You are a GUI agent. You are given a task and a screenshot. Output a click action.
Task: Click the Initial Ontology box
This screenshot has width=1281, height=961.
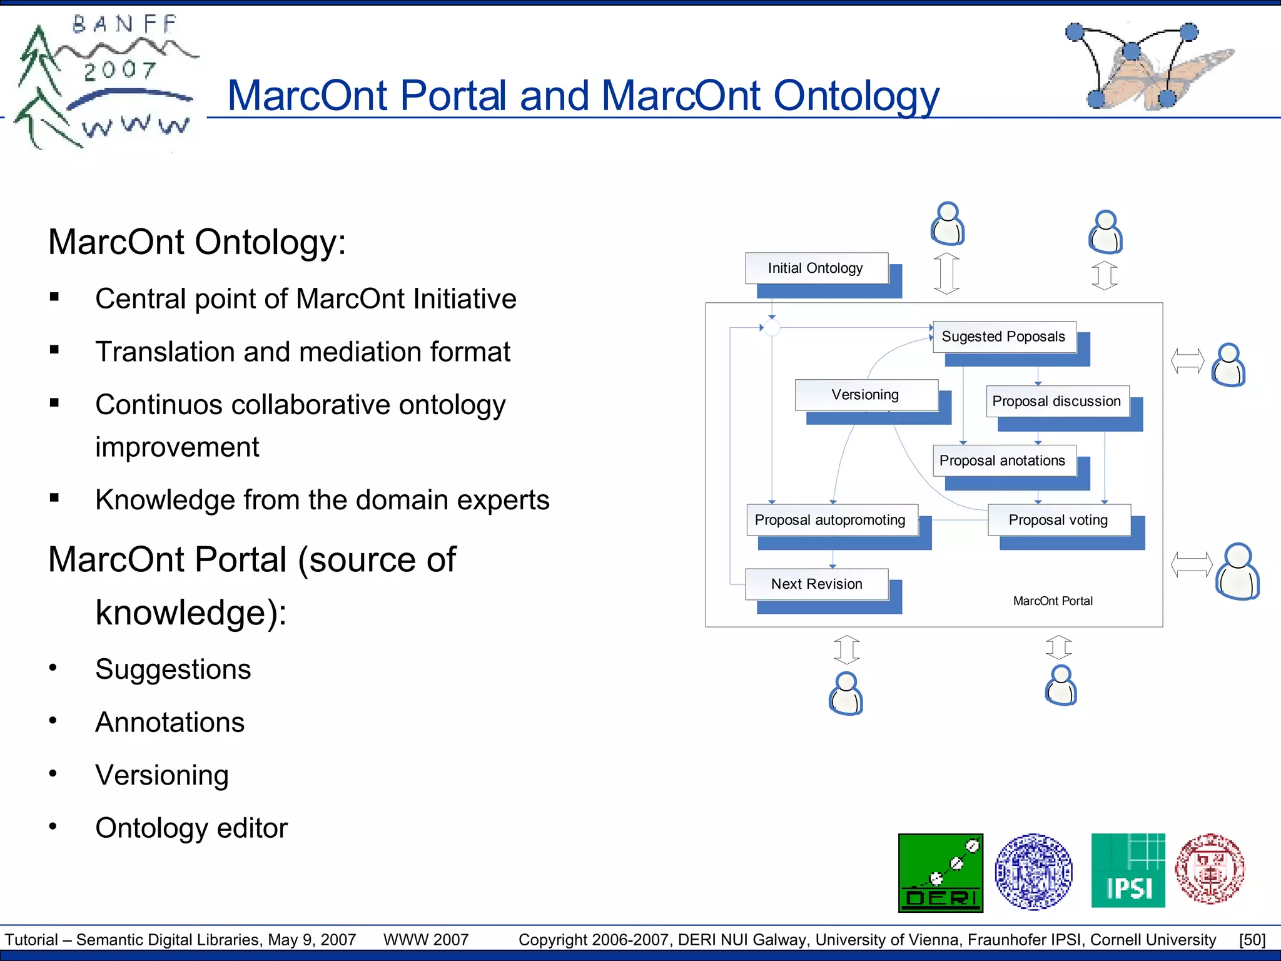click(816, 268)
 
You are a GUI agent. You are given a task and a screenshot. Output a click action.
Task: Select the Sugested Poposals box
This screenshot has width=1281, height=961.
click(1003, 337)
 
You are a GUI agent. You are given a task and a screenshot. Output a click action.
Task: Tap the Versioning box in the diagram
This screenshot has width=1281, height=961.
click(866, 395)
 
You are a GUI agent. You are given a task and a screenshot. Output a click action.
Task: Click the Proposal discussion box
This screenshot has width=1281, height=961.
click(1057, 401)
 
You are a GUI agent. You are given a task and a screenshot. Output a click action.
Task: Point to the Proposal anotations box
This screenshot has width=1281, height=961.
click(1003, 460)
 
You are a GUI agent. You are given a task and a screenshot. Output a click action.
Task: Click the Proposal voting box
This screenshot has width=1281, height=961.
click(1058, 520)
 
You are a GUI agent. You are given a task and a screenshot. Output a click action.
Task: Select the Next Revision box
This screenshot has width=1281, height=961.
click(816, 584)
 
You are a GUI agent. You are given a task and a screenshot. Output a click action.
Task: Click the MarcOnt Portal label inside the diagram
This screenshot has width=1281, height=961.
click(1053, 601)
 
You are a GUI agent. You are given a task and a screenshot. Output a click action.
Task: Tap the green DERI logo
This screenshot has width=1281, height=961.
click(940, 873)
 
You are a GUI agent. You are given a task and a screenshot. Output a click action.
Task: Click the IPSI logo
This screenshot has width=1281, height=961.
click(1128, 870)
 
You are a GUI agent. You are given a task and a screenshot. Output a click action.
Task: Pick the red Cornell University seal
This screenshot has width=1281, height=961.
click(1210, 869)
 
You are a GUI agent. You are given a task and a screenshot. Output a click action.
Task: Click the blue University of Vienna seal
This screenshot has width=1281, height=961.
click(1034, 872)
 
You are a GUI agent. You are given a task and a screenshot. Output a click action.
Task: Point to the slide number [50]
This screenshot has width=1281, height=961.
click(1252, 940)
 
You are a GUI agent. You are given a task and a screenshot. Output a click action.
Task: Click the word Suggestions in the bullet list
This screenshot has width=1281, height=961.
click(173, 669)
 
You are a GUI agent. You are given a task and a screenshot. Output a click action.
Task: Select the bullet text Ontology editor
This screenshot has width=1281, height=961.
click(191, 828)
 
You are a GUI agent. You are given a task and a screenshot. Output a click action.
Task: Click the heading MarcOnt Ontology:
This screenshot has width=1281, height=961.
click(197, 242)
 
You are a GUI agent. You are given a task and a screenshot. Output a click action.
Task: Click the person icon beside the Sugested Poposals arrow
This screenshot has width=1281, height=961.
click(1228, 365)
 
